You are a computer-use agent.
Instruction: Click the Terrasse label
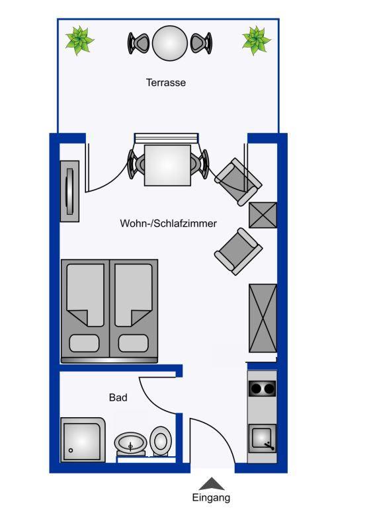coord(166,83)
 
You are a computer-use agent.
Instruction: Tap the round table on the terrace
coord(170,43)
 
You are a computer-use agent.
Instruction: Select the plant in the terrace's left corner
coord(79,40)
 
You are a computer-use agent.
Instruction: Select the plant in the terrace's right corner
coord(256,40)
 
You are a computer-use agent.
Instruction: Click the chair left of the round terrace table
coord(138,43)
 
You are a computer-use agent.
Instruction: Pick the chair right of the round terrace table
coord(201,43)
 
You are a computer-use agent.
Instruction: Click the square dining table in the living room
coord(167,165)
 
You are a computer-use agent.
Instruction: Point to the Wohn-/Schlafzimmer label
coord(169,223)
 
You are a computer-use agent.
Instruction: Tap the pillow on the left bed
coord(85,343)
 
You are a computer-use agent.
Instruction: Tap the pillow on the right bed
coord(133,343)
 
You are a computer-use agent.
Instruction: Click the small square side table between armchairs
coord(263,215)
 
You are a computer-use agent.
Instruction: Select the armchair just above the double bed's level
coord(238,251)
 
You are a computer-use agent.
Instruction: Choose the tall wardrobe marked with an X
coord(263,318)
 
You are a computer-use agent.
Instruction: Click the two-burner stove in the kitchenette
coord(263,389)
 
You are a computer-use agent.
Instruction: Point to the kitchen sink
coord(263,438)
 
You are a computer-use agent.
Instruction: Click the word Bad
coord(118,397)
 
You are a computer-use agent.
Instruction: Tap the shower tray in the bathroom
coord(83,440)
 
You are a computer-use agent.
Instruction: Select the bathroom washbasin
coord(130,442)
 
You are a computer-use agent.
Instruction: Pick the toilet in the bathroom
coord(161,440)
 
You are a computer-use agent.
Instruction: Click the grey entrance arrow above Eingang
coord(212,484)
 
